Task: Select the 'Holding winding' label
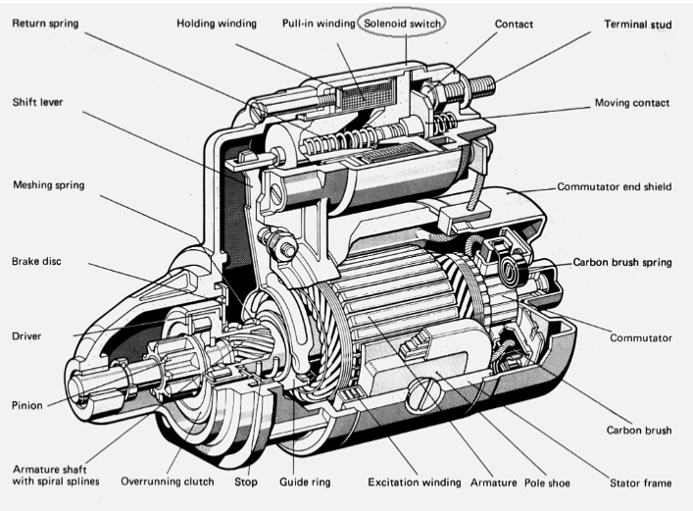(218, 22)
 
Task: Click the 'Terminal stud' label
(638, 23)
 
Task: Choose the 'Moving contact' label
(632, 103)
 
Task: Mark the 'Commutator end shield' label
(615, 186)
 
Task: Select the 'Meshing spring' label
(49, 184)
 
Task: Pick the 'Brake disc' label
(38, 262)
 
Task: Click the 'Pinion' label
(27, 403)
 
